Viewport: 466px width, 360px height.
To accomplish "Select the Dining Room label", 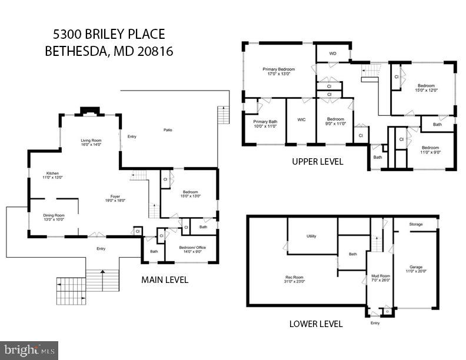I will coord(54,216).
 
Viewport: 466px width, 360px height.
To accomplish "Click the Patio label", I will coord(168,130).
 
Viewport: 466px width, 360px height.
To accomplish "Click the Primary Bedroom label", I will coord(278,69).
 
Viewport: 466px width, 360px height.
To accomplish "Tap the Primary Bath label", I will coord(265,121).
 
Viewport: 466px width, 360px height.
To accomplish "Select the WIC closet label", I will coord(301,119).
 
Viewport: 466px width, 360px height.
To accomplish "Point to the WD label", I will coord(332,54).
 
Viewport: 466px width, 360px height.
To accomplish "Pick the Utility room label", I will coord(311,236).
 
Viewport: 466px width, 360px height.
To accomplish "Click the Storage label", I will coord(416,224).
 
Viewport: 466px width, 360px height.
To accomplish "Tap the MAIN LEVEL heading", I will coord(165,280).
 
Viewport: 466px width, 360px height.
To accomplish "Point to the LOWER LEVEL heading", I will coord(315,324).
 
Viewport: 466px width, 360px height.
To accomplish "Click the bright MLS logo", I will coord(29,350).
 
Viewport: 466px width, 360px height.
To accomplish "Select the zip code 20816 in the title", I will coord(150,51).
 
